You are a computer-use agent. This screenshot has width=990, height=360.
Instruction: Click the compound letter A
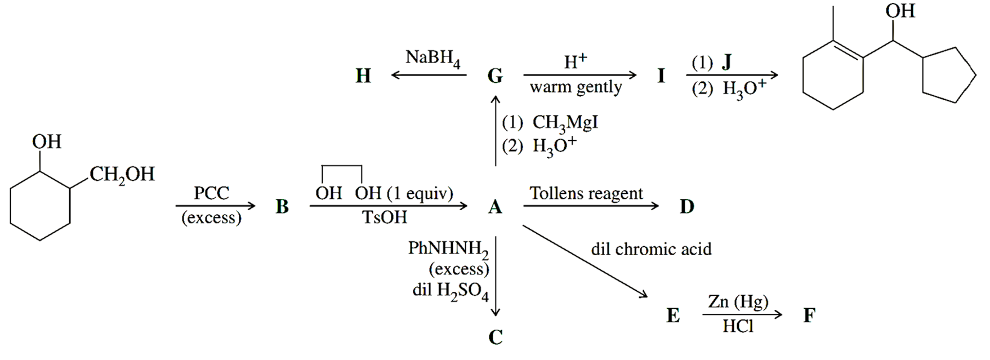click(495, 207)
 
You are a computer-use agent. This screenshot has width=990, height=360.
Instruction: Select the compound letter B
click(282, 207)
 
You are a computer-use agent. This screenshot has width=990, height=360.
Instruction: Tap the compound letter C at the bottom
click(496, 337)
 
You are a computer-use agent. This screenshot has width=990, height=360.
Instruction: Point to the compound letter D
click(686, 207)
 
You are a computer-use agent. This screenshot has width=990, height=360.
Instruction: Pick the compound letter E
click(673, 315)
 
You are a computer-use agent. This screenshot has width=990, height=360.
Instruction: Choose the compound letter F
click(809, 315)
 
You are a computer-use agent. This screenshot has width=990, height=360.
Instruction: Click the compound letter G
click(495, 75)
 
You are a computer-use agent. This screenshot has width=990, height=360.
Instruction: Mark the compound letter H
click(363, 75)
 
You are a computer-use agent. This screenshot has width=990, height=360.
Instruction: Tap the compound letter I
click(661, 75)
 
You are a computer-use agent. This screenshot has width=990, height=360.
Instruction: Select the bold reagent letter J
click(726, 61)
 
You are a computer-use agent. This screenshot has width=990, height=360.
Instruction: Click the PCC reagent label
click(211, 193)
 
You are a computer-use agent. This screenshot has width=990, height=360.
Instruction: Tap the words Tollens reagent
click(586, 193)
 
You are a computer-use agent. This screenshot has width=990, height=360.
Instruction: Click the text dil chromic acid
click(651, 249)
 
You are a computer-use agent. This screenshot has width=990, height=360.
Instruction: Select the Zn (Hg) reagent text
click(738, 302)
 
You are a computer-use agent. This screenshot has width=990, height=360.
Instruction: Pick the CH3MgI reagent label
click(565, 123)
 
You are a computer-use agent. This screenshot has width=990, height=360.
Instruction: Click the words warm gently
click(576, 88)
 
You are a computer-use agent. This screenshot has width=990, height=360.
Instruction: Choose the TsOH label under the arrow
click(385, 217)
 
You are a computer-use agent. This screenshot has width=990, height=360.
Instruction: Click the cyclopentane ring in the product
click(948, 77)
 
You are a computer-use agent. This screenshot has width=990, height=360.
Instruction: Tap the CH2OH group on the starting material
click(122, 175)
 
